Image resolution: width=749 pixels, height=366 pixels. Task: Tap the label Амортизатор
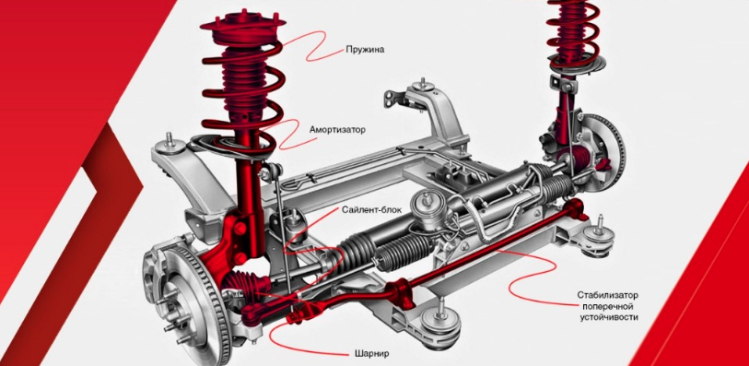337,129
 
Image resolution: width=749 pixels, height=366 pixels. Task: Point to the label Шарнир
371,354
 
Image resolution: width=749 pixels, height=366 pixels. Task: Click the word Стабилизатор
607,295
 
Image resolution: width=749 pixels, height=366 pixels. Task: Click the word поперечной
607,306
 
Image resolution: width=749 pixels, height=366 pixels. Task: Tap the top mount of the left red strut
242,25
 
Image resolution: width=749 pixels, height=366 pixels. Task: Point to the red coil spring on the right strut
573,32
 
